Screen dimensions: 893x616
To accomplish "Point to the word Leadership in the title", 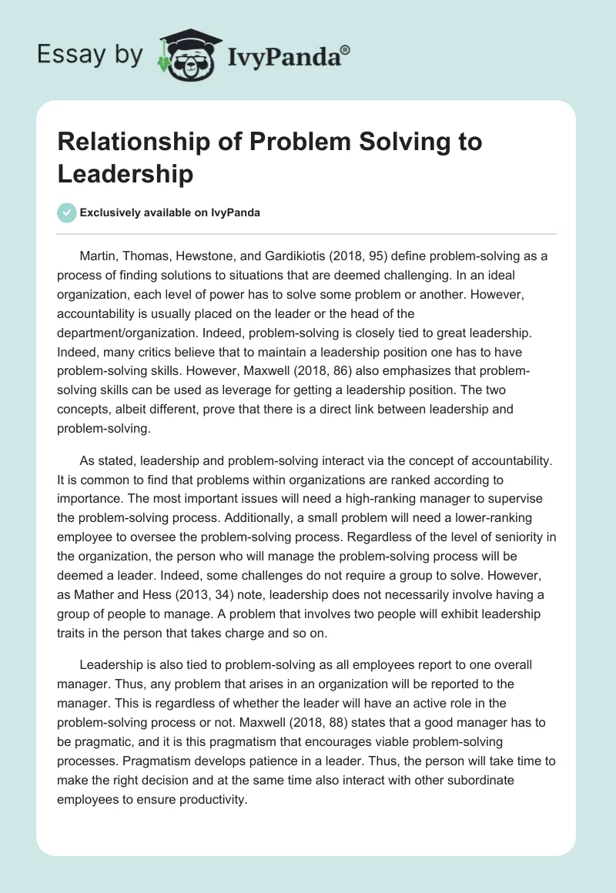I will click(x=125, y=173).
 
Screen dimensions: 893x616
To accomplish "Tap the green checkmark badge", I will click(x=67, y=213).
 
